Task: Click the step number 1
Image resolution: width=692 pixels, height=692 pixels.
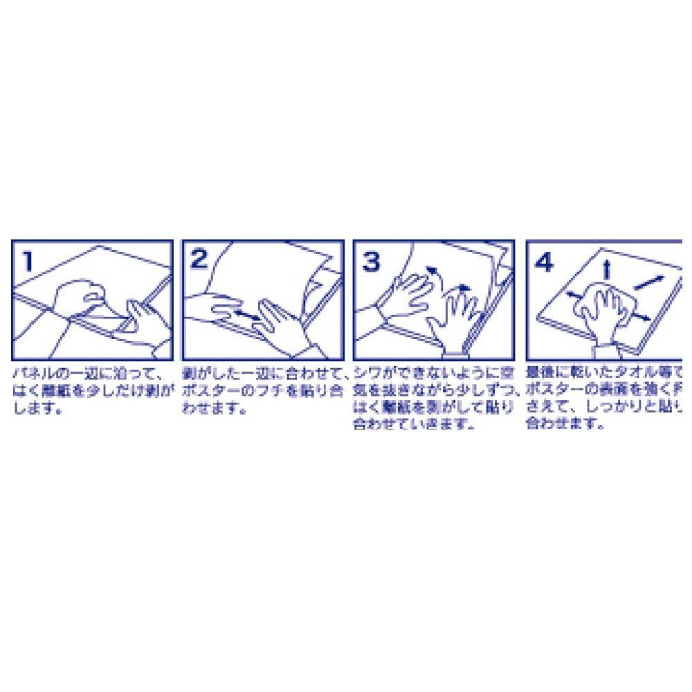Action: (x=27, y=261)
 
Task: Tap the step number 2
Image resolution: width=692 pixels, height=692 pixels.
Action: (x=199, y=259)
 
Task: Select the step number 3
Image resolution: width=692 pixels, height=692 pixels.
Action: (x=372, y=261)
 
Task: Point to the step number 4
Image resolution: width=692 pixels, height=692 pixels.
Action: (x=545, y=262)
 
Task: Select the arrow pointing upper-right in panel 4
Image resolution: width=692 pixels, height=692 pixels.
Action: (x=649, y=282)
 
